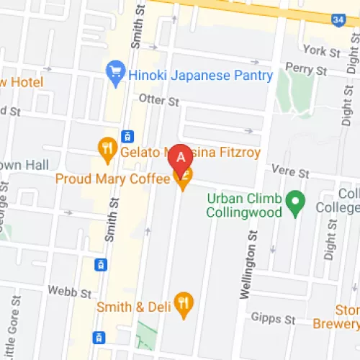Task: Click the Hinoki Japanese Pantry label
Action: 200,75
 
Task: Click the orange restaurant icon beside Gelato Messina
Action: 107,149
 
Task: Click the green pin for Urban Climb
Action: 294,202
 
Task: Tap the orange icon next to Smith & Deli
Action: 184,305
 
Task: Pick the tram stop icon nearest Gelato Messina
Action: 128,135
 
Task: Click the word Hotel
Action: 27,83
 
